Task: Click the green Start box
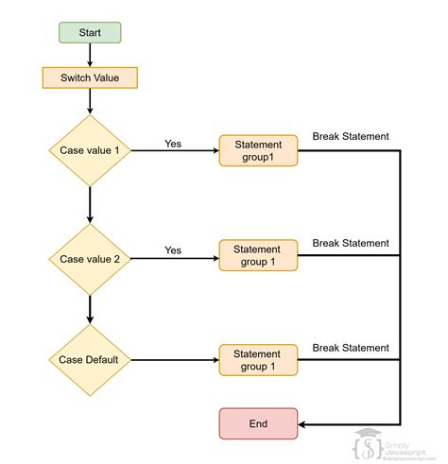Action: (x=89, y=33)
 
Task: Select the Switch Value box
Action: (x=89, y=76)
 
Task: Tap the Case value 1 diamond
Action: (x=89, y=150)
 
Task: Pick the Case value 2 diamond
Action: (x=89, y=258)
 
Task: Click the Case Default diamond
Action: (x=89, y=360)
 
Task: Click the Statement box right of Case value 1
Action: (x=258, y=150)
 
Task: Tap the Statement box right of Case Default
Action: (x=258, y=360)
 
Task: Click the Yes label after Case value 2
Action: (x=173, y=250)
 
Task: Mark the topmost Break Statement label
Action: (x=350, y=137)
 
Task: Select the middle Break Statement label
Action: (x=350, y=243)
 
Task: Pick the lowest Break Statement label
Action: (x=350, y=348)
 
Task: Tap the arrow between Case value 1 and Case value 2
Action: (x=89, y=204)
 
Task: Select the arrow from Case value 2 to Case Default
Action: (x=89, y=309)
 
